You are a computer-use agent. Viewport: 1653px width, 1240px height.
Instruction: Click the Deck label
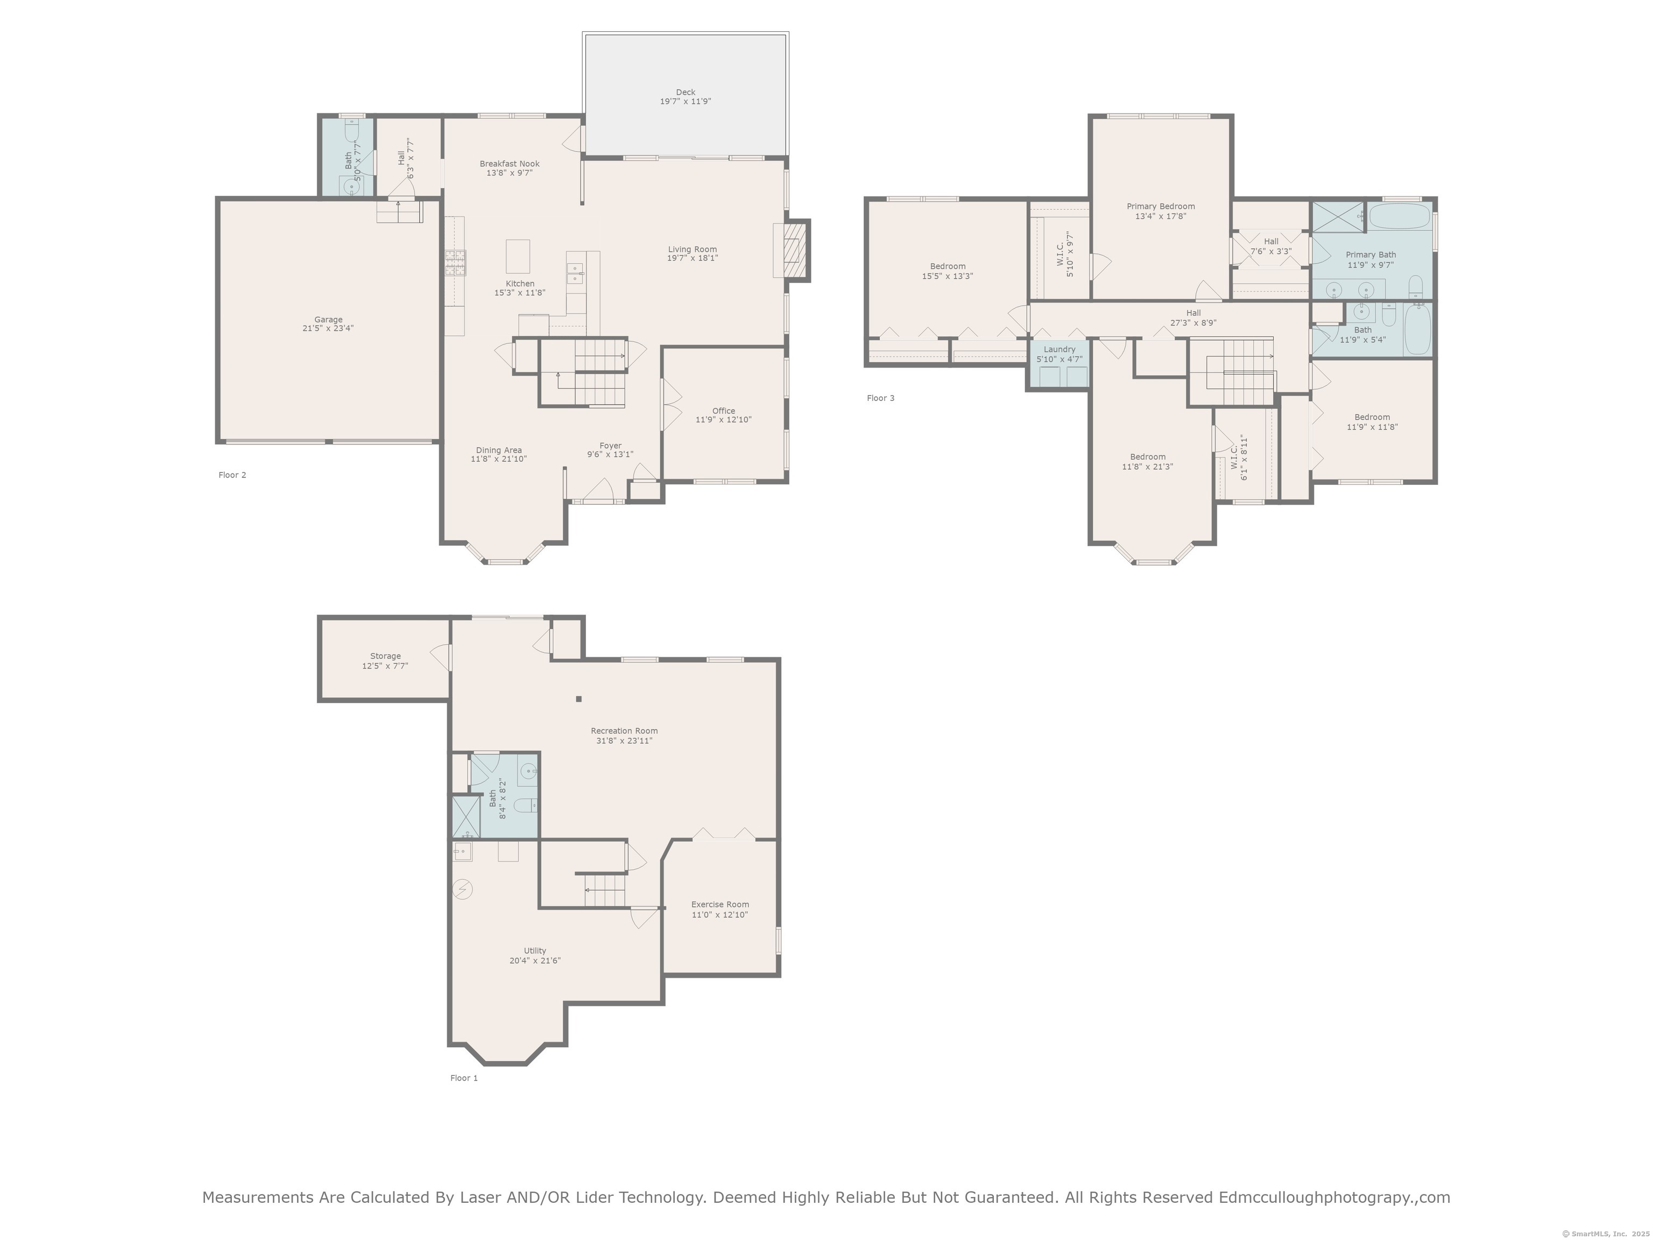[686, 93]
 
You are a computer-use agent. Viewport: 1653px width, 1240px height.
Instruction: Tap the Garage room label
[328, 320]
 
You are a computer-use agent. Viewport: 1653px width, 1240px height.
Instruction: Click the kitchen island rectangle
[518, 256]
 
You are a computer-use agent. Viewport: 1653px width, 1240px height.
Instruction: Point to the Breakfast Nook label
[510, 164]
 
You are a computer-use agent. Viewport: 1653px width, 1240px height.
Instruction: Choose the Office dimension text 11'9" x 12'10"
[723, 420]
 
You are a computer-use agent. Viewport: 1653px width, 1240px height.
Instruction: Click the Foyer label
[611, 446]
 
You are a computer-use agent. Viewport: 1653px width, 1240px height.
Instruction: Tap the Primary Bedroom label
[1161, 206]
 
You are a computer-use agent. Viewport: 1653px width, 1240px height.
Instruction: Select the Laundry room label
[1059, 349]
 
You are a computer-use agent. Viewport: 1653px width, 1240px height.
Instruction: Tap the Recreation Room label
[624, 731]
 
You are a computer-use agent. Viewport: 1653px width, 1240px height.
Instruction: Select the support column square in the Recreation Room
[578, 700]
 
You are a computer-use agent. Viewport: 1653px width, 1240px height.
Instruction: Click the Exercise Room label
[719, 904]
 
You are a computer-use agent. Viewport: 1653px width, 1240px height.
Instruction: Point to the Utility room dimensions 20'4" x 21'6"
[535, 961]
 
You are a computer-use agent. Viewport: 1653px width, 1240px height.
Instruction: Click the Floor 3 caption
[880, 398]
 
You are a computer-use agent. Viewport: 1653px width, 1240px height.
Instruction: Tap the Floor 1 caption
[463, 1079]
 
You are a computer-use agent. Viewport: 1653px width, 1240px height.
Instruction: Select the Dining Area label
[498, 450]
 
